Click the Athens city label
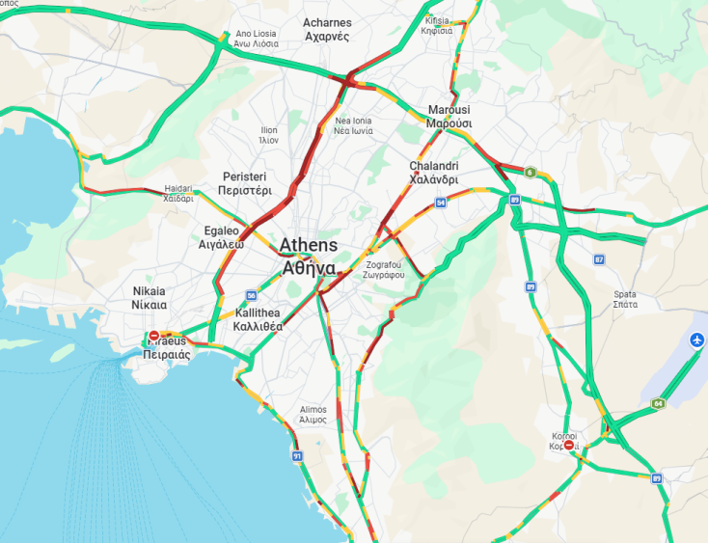coord(309,256)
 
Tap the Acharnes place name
coord(327,29)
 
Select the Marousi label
coord(449,117)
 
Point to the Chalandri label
coord(433,173)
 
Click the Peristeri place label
coord(244,184)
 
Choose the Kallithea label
coord(258,320)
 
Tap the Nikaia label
coord(149,297)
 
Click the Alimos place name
coord(313,414)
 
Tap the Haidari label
coord(178,194)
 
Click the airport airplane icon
coord(697,339)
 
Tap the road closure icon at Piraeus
coord(153,337)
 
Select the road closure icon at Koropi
coord(569,445)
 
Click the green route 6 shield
coord(530,173)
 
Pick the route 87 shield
coord(599,259)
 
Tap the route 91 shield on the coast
coord(297,455)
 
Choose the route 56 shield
coord(251,296)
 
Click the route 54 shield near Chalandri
coord(440,203)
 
